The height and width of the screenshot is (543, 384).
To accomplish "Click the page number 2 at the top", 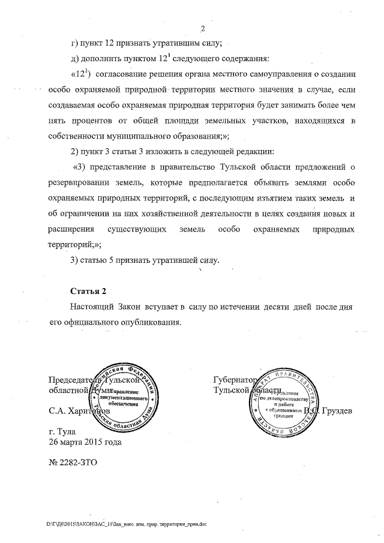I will click(x=202, y=28).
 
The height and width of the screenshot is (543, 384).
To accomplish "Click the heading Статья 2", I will click(x=88, y=292).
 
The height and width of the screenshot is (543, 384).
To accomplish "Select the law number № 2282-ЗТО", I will click(x=72, y=463).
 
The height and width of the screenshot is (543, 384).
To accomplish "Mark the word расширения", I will click(x=71, y=230).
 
